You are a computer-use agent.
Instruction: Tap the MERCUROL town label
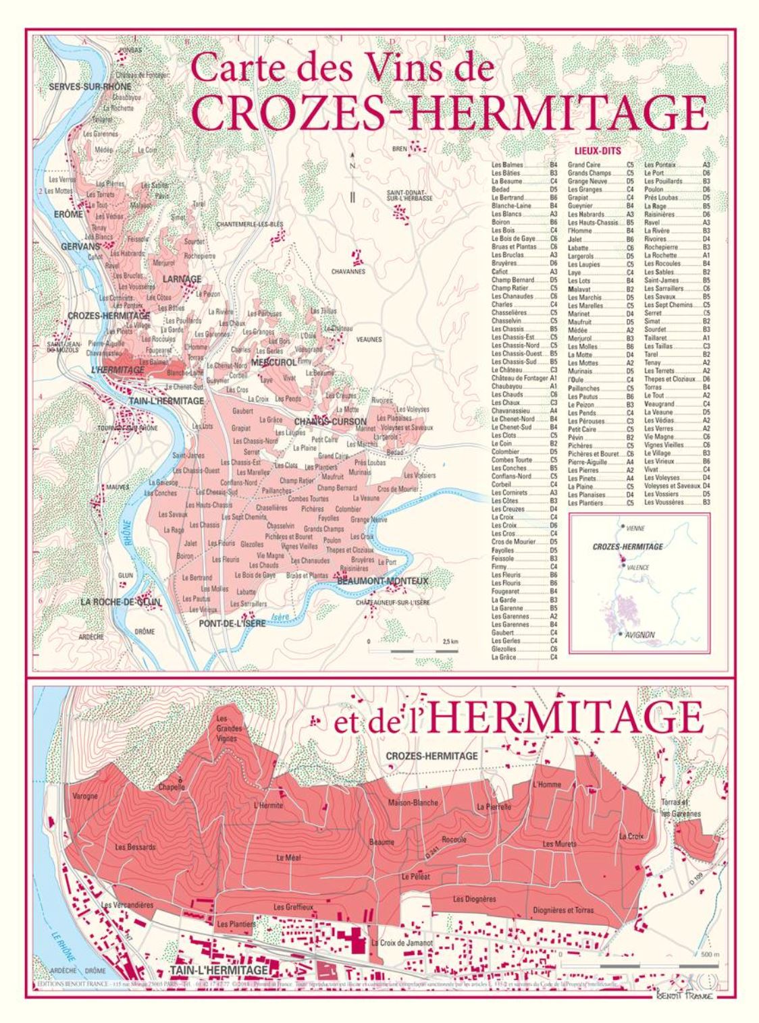click(x=274, y=362)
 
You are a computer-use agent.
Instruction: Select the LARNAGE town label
click(x=182, y=279)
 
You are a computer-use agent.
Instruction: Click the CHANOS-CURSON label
click(x=330, y=422)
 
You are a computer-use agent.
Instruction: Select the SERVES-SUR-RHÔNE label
click(x=90, y=87)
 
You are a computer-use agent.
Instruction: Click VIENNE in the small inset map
click(x=635, y=527)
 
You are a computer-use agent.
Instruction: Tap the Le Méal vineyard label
click(x=288, y=858)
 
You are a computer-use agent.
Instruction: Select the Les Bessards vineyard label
click(x=135, y=846)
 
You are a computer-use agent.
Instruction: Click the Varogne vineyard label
click(x=85, y=796)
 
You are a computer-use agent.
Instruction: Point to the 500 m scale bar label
click(x=710, y=955)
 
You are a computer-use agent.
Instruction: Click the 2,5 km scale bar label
click(x=450, y=640)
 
